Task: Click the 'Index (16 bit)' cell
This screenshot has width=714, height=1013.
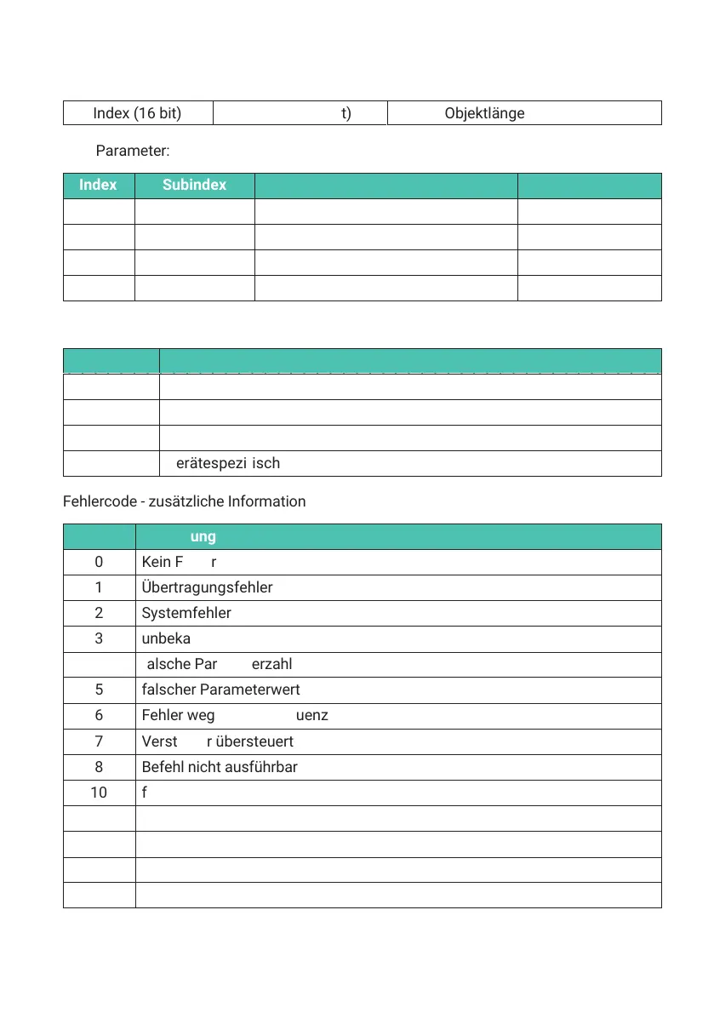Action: coord(138,113)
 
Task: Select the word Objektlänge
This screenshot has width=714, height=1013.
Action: coord(484,113)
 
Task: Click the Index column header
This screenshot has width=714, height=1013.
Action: coord(98,185)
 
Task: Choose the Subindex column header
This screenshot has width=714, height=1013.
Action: coord(195,185)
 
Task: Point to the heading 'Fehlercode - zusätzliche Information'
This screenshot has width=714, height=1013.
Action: coord(184,501)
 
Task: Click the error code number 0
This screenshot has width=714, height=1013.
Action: coord(99,563)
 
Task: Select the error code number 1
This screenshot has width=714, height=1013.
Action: coord(99,588)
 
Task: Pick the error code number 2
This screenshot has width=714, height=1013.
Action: coord(99,614)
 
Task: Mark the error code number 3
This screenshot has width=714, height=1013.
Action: coord(99,639)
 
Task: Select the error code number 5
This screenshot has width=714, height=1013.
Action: coord(99,690)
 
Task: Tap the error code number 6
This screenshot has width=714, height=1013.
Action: coord(99,716)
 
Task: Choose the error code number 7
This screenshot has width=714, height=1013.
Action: coord(99,741)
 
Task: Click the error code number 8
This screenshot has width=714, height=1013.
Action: coord(99,767)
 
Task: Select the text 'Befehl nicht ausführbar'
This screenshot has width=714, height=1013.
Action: coord(220,767)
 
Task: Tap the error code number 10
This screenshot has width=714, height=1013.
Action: coord(99,793)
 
